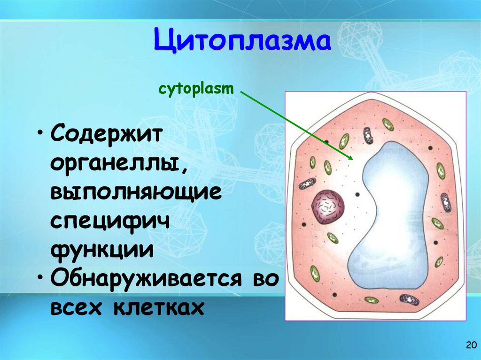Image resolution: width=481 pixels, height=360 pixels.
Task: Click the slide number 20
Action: [470, 346]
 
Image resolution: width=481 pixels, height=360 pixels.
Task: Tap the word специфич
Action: [110, 221]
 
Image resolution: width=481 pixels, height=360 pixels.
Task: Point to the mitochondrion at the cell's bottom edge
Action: [409, 299]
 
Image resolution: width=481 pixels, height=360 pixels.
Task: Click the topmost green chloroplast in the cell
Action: [388, 124]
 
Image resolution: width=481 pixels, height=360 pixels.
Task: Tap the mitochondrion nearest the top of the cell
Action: [367, 136]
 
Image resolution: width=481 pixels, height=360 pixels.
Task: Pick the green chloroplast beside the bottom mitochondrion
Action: [372, 299]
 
